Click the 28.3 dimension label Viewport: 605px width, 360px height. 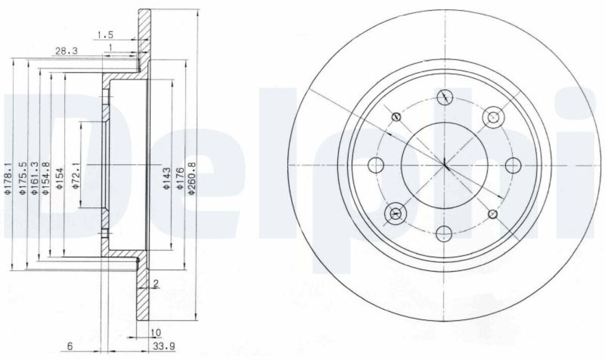click(66, 51)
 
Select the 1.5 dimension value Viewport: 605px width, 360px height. click(105, 35)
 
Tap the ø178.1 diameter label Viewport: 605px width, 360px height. click(8, 178)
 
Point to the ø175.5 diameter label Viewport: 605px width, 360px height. click(23, 178)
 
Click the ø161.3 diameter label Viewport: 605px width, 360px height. click(35, 178)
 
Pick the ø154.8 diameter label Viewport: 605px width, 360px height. click(46, 178)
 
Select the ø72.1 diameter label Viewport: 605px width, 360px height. click(76, 176)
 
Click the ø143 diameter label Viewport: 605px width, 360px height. click(167, 178)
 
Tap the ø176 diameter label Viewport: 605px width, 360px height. click(180, 178)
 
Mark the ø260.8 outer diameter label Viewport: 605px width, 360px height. click(192, 178)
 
